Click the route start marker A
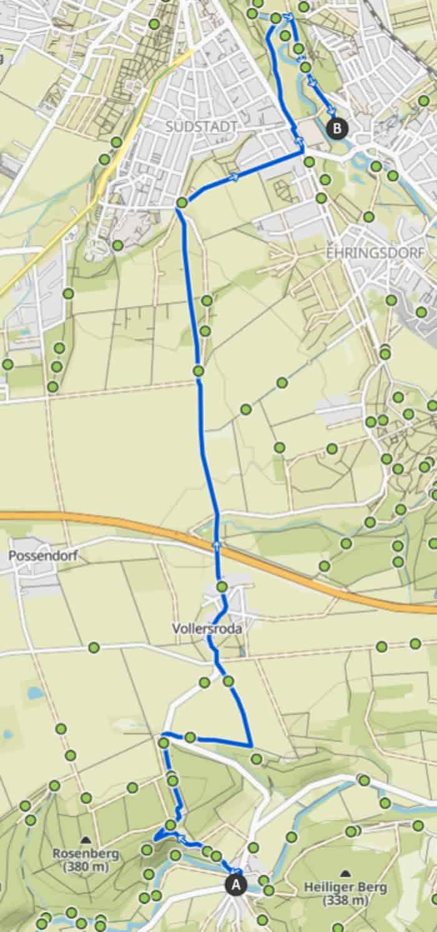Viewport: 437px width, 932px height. pyautogui.click(x=236, y=885)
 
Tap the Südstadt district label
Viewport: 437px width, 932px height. pyautogui.click(x=202, y=127)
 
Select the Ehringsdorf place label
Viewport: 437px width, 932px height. pyautogui.click(x=375, y=254)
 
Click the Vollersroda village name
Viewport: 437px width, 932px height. pyautogui.click(x=208, y=629)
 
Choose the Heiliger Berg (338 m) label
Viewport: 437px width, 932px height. pyautogui.click(x=345, y=893)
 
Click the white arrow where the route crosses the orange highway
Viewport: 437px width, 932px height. pyautogui.click(x=217, y=544)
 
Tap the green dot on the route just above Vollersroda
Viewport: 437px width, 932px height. pyautogui.click(x=222, y=586)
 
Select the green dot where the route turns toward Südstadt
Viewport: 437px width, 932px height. pyautogui.click(x=182, y=203)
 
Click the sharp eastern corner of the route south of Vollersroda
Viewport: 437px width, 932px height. pyautogui.click(x=251, y=746)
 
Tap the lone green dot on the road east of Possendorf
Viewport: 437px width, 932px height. pyautogui.click(x=94, y=647)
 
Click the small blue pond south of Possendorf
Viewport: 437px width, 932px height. pyautogui.click(x=36, y=693)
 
